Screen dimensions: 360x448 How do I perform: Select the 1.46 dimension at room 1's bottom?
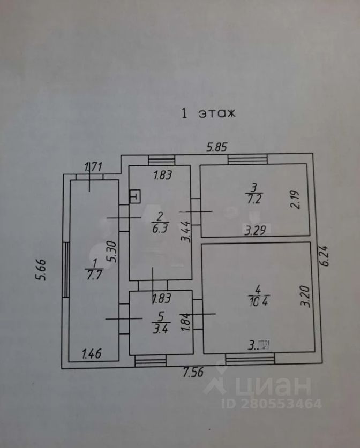click(92, 354)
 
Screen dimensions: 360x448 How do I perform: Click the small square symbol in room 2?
click(134, 196)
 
